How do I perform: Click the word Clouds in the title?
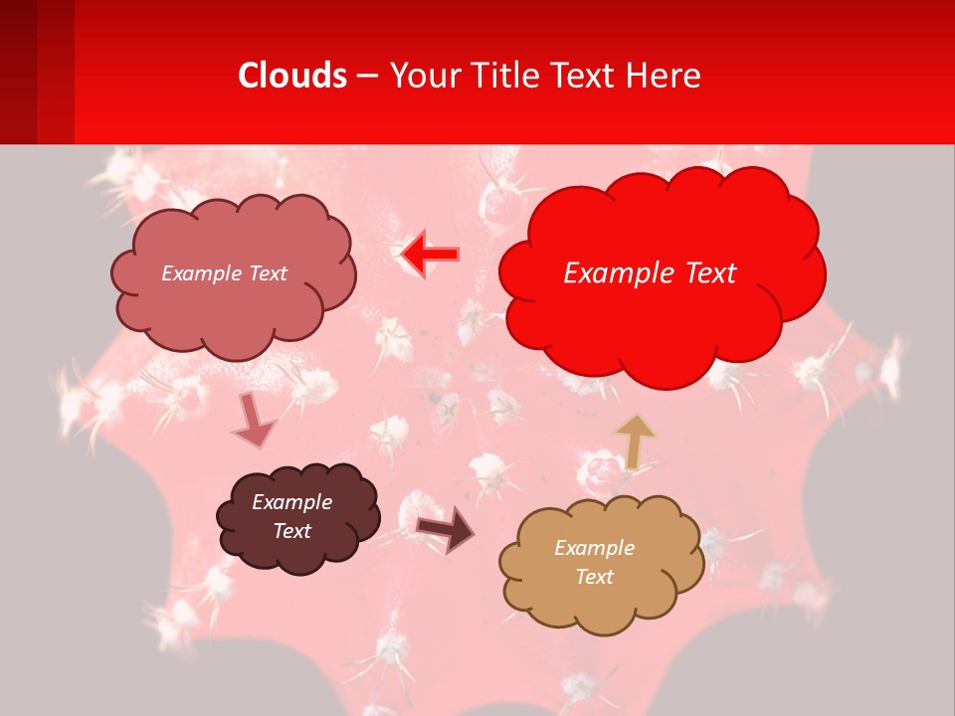click(x=292, y=76)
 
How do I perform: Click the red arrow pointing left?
click(x=430, y=255)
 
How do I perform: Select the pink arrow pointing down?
click(x=253, y=422)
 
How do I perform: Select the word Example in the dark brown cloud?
click(x=291, y=502)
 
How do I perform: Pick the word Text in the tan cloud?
click(x=594, y=577)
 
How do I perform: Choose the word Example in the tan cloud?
click(x=594, y=548)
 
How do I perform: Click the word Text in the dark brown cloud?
click(x=291, y=531)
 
